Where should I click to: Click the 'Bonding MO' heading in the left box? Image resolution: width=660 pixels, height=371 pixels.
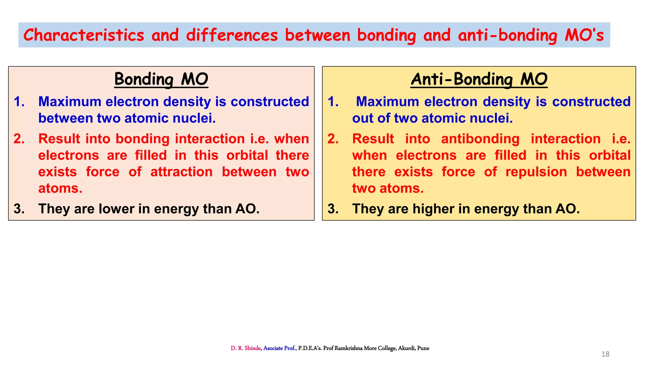[x=161, y=79]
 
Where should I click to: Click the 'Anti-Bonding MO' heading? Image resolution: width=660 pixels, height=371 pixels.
[x=479, y=79]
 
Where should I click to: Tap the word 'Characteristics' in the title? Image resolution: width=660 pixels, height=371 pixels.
[x=84, y=35]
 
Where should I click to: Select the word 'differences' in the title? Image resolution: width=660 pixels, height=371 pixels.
[x=232, y=35]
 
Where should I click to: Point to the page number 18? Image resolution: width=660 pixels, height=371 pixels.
[x=605, y=354]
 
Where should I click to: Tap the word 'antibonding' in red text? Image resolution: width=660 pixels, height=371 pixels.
[x=480, y=139]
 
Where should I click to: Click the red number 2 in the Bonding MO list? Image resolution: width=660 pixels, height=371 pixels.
[x=19, y=139]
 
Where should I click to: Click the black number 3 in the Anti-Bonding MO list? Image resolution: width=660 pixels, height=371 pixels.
[x=333, y=209]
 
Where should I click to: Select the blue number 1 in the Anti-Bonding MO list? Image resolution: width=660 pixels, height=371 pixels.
[x=333, y=102]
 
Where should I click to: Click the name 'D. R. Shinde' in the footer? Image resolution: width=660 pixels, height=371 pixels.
[x=245, y=348]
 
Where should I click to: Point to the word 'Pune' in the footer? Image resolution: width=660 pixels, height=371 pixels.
[x=423, y=348]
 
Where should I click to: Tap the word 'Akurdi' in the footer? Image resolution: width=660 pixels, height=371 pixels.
[x=406, y=348]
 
